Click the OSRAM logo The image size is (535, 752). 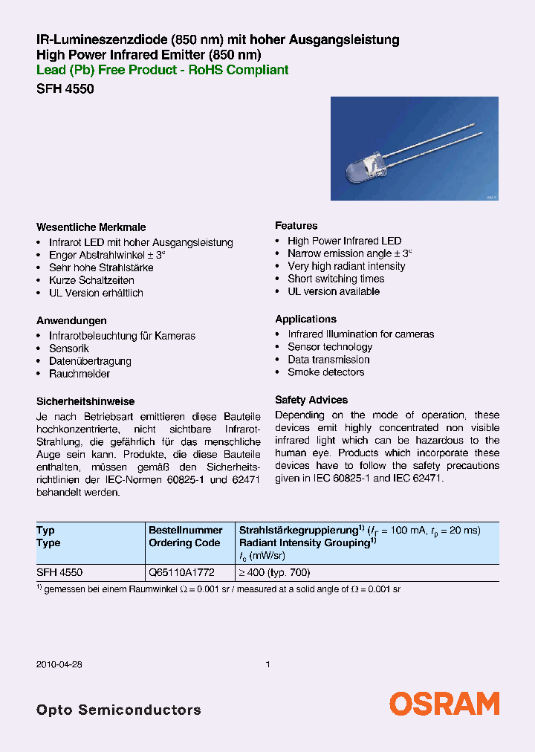coord(444,704)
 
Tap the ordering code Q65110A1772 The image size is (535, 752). coord(181,573)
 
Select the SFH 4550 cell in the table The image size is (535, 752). coord(59,573)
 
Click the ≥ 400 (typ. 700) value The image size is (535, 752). coord(274,573)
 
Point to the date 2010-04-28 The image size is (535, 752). coord(58,665)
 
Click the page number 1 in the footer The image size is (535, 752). coord(267,665)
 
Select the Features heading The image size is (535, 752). coord(296,226)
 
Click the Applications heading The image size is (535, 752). coord(305,320)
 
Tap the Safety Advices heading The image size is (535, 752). coord(311,400)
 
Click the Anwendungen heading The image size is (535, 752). coord(71,321)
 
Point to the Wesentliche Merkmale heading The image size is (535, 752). coord(91,227)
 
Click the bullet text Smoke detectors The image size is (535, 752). coord(326,372)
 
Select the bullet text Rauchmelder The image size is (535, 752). coord(80,374)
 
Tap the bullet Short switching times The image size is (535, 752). coord(336,279)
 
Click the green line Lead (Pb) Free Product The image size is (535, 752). coord(162,71)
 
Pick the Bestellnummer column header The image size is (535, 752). coord(185,531)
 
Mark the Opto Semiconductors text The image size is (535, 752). coord(118,710)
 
